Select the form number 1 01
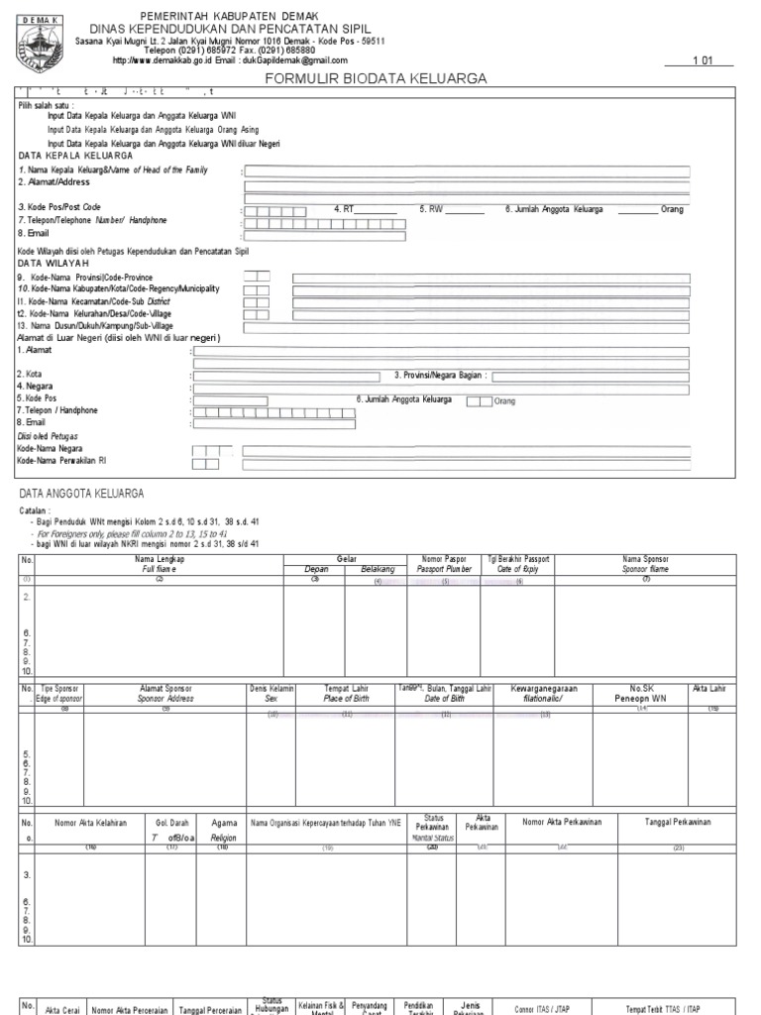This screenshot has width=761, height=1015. pyautogui.click(x=703, y=60)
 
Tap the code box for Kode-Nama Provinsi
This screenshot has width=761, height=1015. pyautogui.click(x=257, y=276)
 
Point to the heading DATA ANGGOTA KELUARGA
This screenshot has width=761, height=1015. pyautogui.click(x=81, y=493)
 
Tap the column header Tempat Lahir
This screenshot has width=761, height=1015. pyautogui.click(x=347, y=688)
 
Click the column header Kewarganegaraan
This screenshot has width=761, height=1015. pyautogui.click(x=544, y=688)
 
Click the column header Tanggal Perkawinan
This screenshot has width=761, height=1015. pyautogui.click(x=677, y=823)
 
